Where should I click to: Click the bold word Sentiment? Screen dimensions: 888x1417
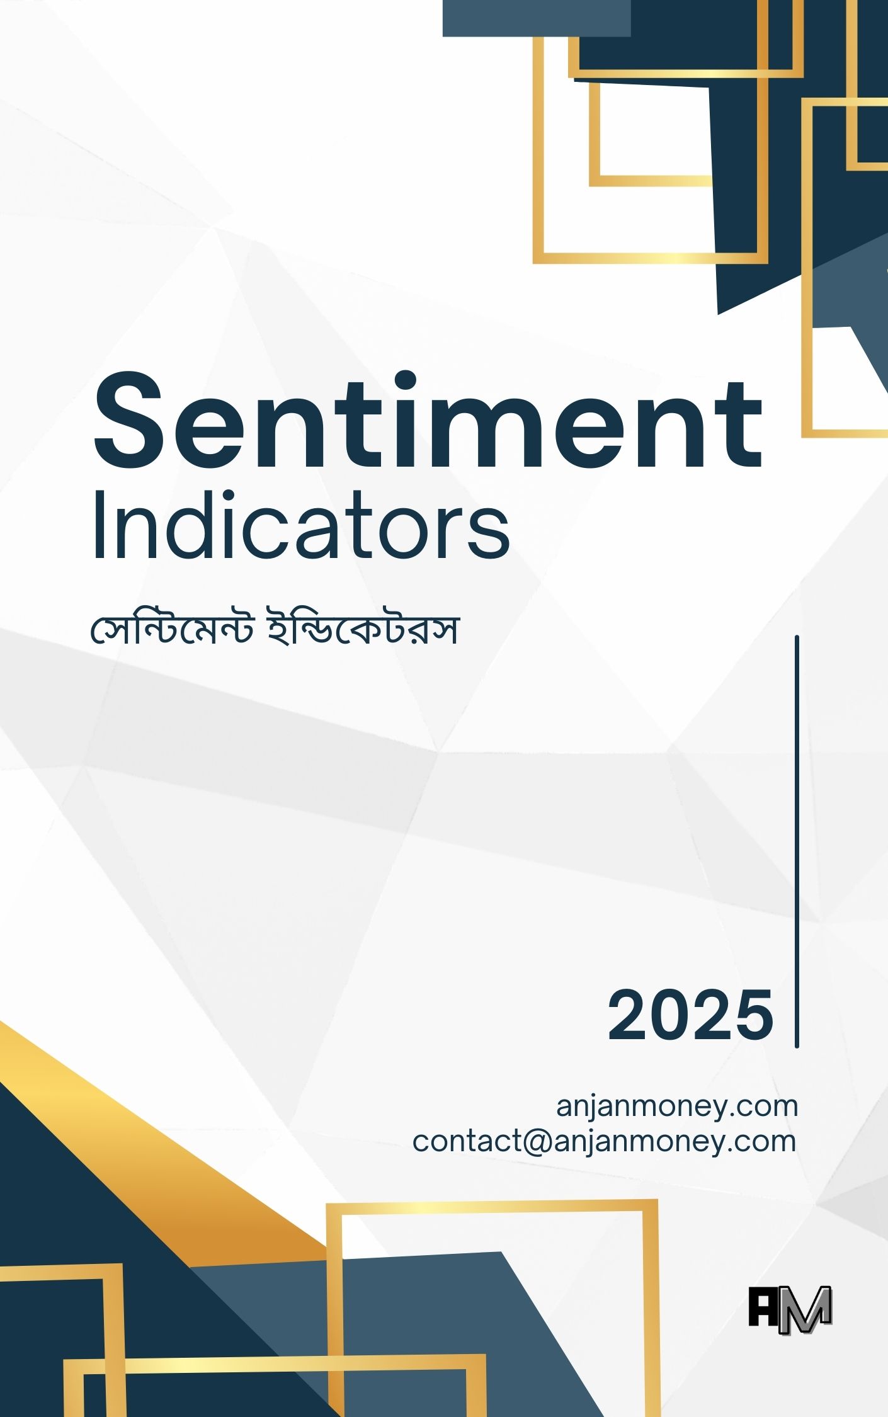click(428, 421)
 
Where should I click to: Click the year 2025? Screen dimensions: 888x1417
click(690, 1015)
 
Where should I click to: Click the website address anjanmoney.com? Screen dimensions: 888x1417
click(677, 1106)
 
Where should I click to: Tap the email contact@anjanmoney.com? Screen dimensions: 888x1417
click(605, 1141)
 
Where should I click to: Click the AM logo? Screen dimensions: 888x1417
click(790, 1310)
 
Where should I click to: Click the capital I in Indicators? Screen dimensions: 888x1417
click(98, 525)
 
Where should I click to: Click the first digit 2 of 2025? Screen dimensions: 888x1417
click(627, 1015)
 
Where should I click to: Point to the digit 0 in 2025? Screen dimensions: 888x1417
click(669, 1015)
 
